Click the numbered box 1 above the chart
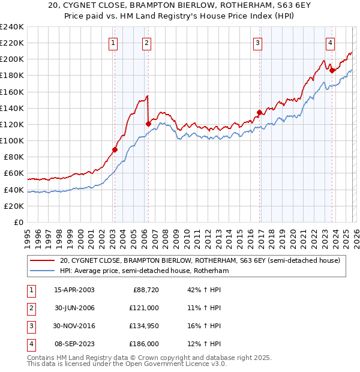click(113, 43)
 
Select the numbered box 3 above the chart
click(257, 43)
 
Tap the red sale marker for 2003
click(115, 150)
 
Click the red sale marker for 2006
click(148, 124)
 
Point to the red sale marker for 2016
click(259, 112)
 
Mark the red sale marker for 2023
click(332, 71)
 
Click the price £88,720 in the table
click(144, 290)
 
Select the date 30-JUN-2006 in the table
click(74, 307)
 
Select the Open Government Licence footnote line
click(127, 364)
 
